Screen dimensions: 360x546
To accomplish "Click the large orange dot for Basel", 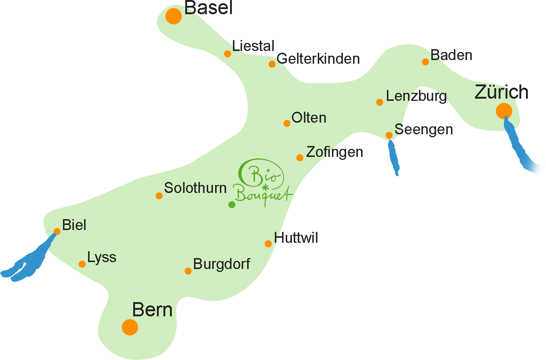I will [173, 16].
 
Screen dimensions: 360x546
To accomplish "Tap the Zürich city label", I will [501, 92].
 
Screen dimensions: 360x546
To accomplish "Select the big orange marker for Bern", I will [130, 327].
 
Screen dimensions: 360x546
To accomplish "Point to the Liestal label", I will [253, 46].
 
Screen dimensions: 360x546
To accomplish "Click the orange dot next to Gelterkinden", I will [272, 64].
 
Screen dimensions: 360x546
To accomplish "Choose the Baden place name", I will [451, 55].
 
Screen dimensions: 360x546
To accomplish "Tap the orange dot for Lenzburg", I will [379, 102].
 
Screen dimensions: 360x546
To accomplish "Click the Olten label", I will [309, 118].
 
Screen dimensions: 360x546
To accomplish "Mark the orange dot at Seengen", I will [389, 135].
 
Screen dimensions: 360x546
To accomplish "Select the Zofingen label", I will [335, 152].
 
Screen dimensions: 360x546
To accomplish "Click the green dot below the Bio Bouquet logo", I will [232, 205].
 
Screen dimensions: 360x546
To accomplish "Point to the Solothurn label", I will [195, 188].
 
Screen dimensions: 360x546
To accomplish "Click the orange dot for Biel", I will [57, 232].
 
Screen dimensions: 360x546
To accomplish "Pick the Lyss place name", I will [102, 257].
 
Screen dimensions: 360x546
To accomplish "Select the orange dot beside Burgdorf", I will [188, 271].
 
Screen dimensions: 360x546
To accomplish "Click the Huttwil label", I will [296, 238].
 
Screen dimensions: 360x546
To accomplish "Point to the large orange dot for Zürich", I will [504, 111].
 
